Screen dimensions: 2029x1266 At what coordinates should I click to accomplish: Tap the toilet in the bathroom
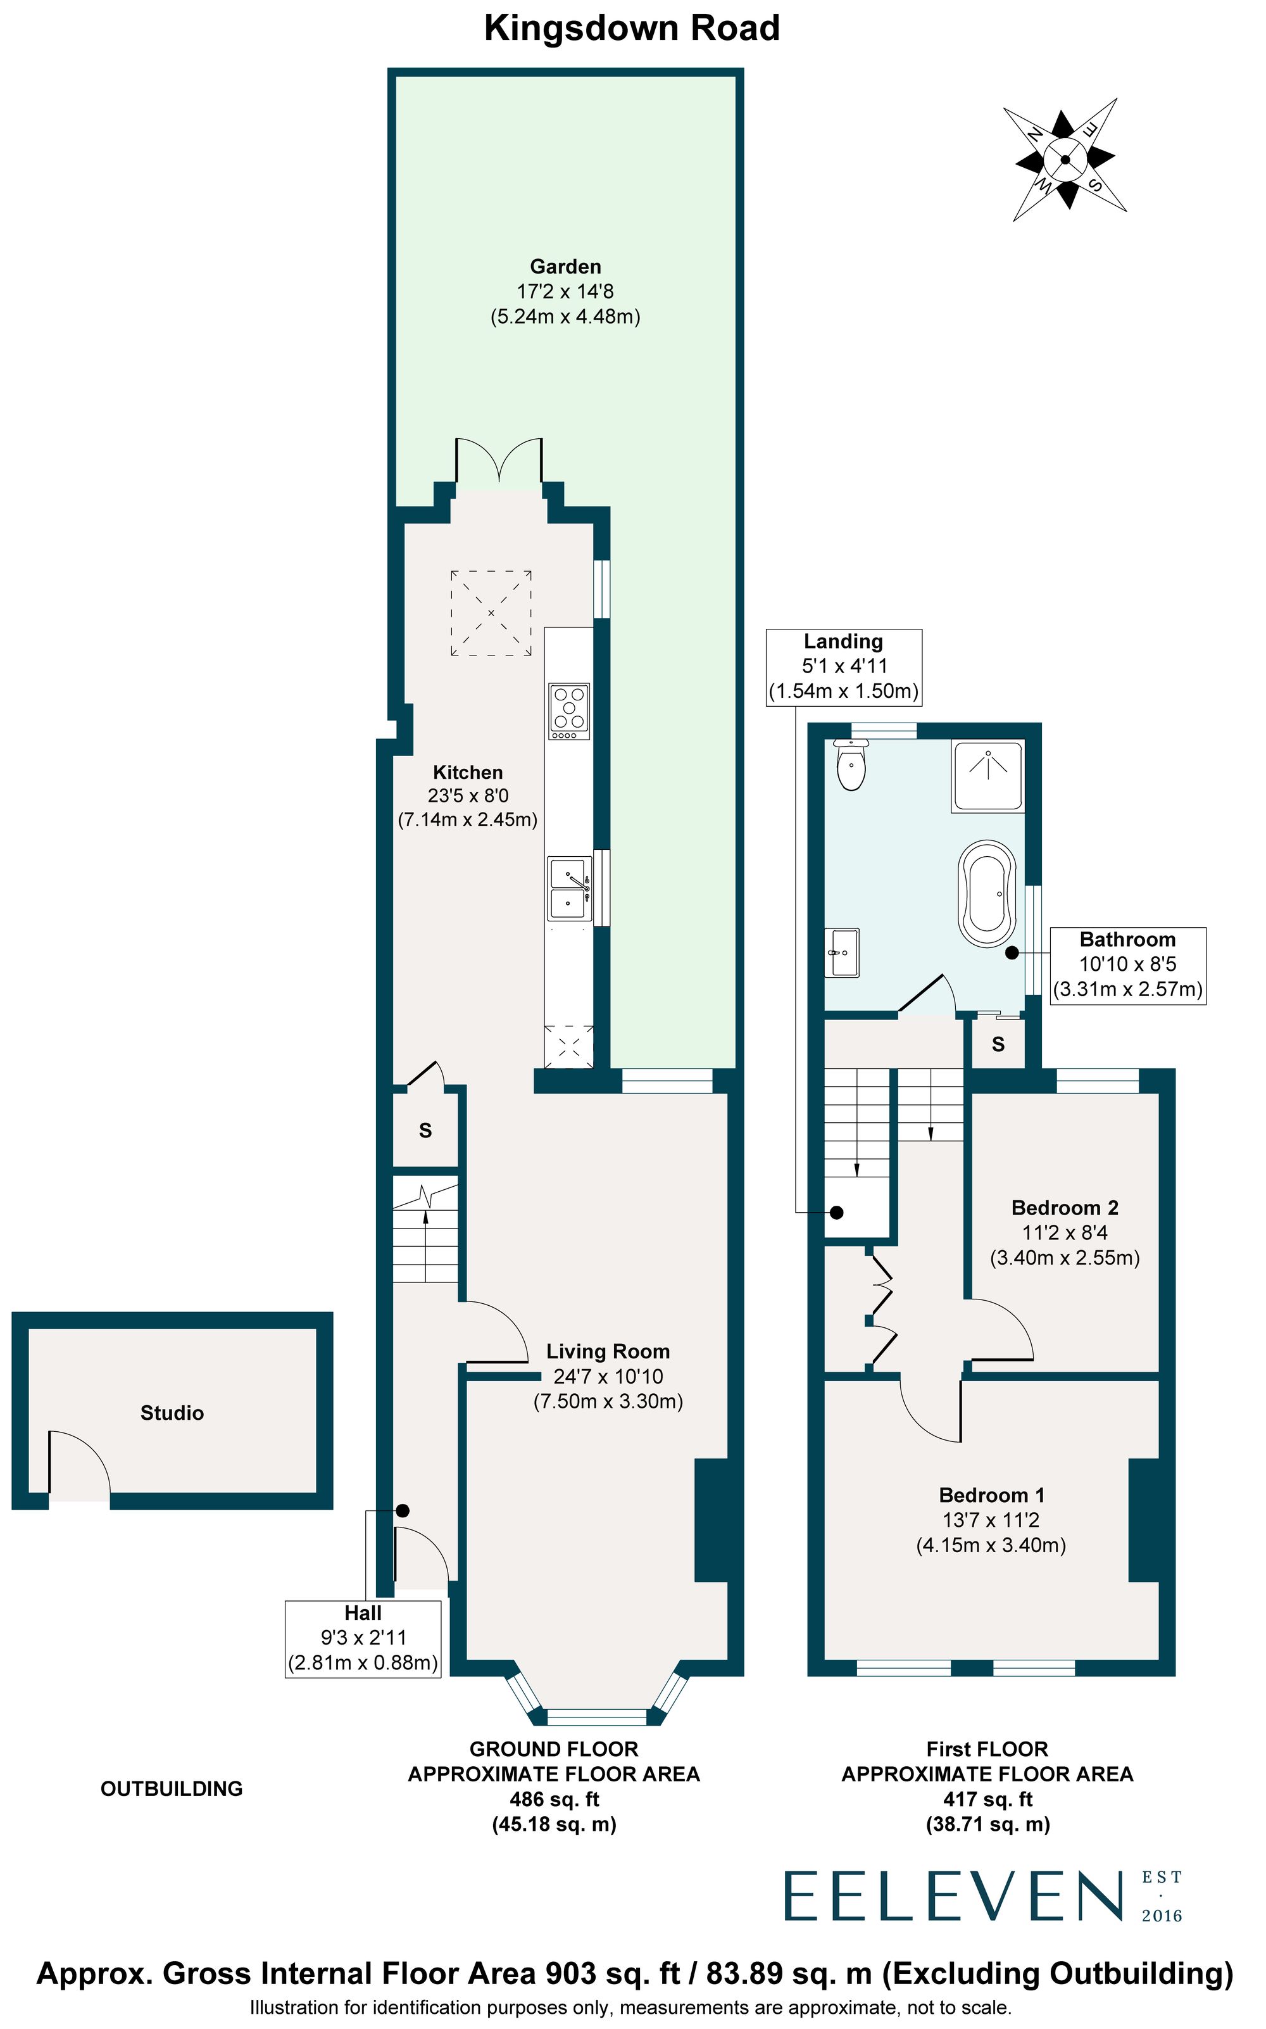click(851, 764)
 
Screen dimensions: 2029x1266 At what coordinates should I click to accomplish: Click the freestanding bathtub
click(988, 894)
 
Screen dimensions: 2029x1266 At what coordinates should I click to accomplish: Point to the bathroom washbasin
click(843, 952)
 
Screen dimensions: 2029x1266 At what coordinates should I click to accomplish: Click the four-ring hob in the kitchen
click(568, 711)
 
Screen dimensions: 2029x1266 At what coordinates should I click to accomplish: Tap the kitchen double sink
click(568, 888)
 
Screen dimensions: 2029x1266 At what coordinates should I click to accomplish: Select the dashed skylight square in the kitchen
click(491, 613)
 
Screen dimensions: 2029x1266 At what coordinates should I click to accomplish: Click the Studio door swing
click(78, 1463)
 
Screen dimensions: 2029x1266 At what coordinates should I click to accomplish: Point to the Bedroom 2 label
click(1064, 1208)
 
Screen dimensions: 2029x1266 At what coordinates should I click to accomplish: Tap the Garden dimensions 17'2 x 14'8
click(565, 291)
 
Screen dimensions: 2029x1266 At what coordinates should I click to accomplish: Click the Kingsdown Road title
click(632, 28)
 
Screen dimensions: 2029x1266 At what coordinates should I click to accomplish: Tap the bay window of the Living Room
click(597, 1717)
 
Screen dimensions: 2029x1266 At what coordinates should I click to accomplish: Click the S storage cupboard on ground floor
click(425, 1130)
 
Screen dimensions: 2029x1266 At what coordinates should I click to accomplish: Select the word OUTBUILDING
click(172, 1788)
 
